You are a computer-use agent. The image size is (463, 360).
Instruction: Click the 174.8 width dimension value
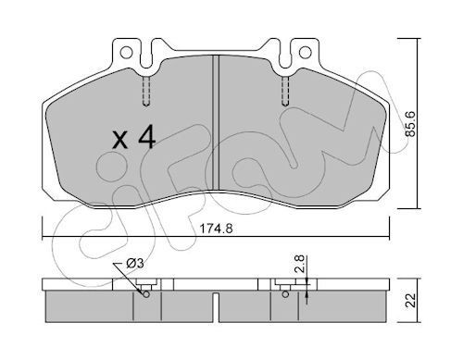click(216, 229)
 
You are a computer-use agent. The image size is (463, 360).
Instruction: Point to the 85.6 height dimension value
click(410, 124)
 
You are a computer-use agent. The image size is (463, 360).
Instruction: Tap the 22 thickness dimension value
click(411, 301)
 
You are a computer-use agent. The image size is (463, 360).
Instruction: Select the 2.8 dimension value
click(300, 264)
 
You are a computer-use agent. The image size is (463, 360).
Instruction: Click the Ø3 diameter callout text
click(135, 264)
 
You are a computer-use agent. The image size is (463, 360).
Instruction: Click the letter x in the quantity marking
click(119, 140)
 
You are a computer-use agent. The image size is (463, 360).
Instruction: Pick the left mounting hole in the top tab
click(126, 53)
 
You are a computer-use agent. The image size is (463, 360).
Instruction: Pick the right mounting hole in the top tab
click(305, 52)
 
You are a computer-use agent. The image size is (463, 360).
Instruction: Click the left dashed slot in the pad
click(146, 92)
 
